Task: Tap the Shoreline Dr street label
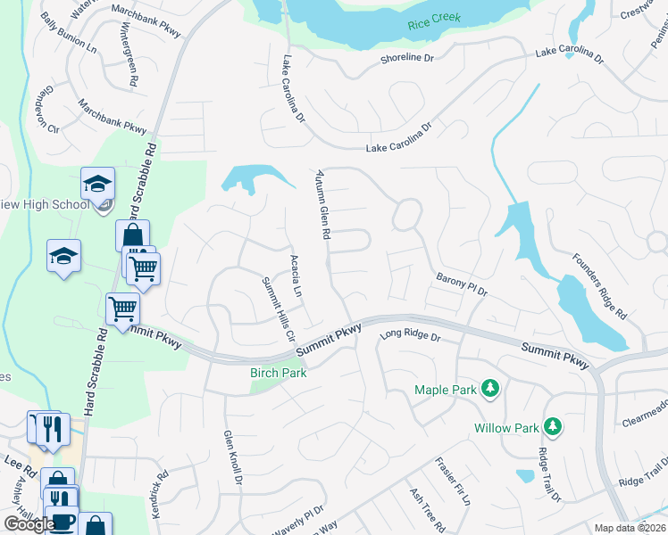point(404,57)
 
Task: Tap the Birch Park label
point(278,373)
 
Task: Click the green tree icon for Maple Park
point(488,389)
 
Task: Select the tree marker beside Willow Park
point(553,427)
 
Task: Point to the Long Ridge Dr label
point(411,337)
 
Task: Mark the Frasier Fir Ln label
point(452,481)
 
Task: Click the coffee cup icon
point(61,522)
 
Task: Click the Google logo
point(29,524)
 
